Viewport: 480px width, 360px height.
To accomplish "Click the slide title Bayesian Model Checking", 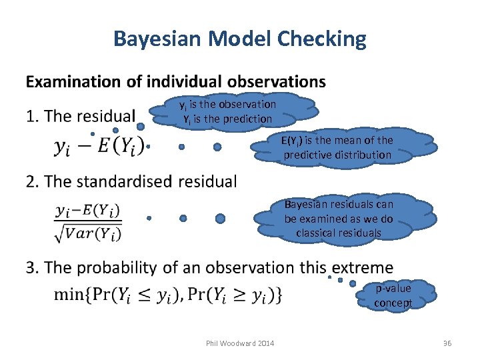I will pos(240,39).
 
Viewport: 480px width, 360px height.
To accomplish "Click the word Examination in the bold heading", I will pos(70,82).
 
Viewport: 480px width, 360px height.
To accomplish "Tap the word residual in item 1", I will pos(106,117).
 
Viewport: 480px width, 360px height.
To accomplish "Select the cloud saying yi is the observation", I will pos(229,111).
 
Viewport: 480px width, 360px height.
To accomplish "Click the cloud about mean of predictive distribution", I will pos(337,147).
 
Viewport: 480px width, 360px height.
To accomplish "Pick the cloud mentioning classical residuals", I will pos(339,219).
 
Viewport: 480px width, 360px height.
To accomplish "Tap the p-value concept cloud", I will pos(393,295).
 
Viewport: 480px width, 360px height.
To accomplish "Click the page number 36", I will pos(447,343).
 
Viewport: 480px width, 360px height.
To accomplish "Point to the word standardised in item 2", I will pos(134,181).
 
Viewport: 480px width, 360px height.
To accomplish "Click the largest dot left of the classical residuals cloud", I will pos(221,218).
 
